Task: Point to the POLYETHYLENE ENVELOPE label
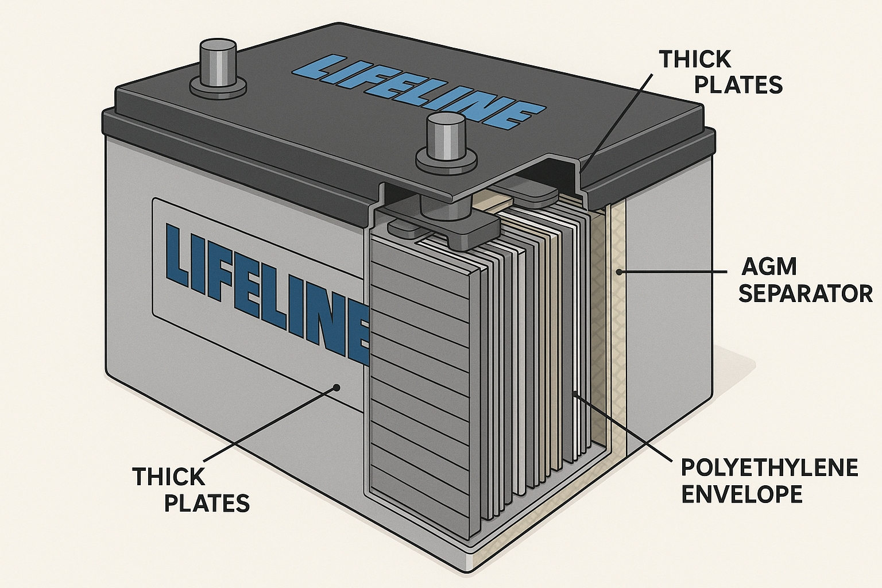(x=769, y=480)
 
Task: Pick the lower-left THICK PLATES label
(x=191, y=489)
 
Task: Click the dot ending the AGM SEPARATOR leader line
(x=618, y=271)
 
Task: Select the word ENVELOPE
(x=741, y=494)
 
